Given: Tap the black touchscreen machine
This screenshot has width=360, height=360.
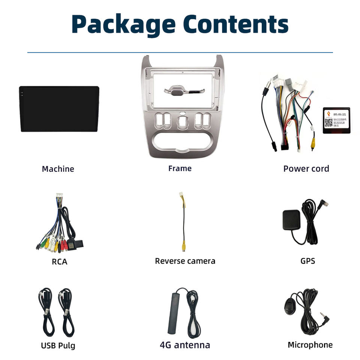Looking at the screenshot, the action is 59,109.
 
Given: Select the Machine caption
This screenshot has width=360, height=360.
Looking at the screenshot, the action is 58,169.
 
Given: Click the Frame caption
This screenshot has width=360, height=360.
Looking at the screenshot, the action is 180,169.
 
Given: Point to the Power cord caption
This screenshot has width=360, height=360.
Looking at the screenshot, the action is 306,169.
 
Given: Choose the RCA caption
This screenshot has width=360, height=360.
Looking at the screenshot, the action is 60,262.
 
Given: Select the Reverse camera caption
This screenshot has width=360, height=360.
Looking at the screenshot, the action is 185,261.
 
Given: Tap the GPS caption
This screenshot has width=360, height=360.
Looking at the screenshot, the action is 307,261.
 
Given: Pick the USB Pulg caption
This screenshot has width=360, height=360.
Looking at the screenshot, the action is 58,345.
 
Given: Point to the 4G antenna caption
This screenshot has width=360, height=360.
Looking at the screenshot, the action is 185,345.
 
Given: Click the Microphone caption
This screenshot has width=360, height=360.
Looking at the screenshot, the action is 310,345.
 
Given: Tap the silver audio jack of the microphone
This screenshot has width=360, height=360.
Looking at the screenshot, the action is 323,317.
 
